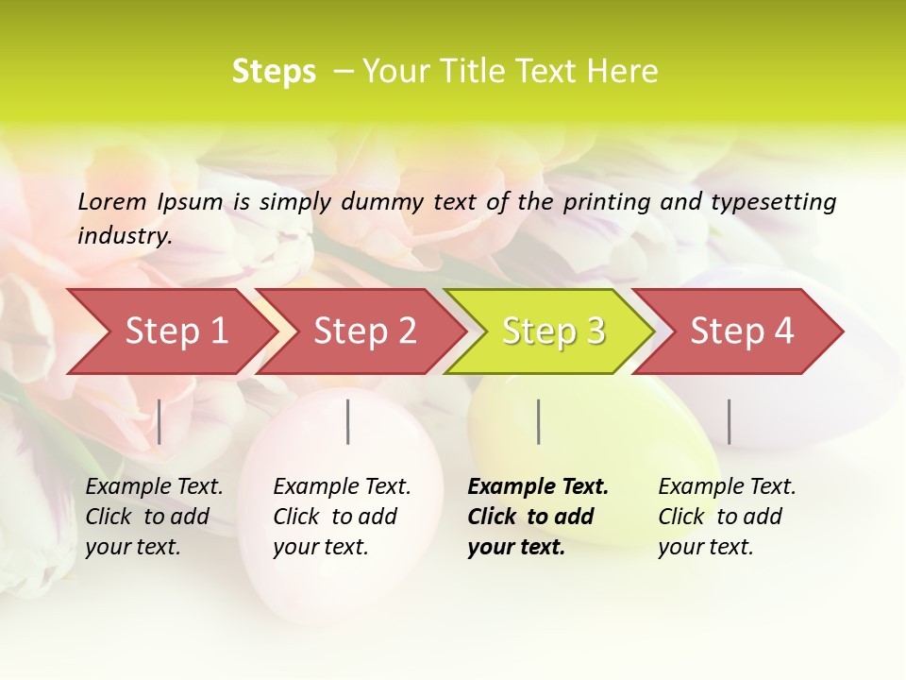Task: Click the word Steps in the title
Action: coord(274,72)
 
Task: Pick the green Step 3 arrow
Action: coord(553,331)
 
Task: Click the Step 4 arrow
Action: coord(742,331)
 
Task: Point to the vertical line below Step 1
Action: coord(159,421)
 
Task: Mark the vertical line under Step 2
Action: coord(348,421)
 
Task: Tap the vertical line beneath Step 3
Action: coord(538,421)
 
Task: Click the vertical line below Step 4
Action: coord(729,421)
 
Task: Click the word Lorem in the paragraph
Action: coord(112,201)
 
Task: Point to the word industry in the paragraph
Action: coord(124,235)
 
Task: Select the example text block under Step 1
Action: coord(154,517)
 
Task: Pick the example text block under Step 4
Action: coord(727,517)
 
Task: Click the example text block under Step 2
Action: coord(342,517)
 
